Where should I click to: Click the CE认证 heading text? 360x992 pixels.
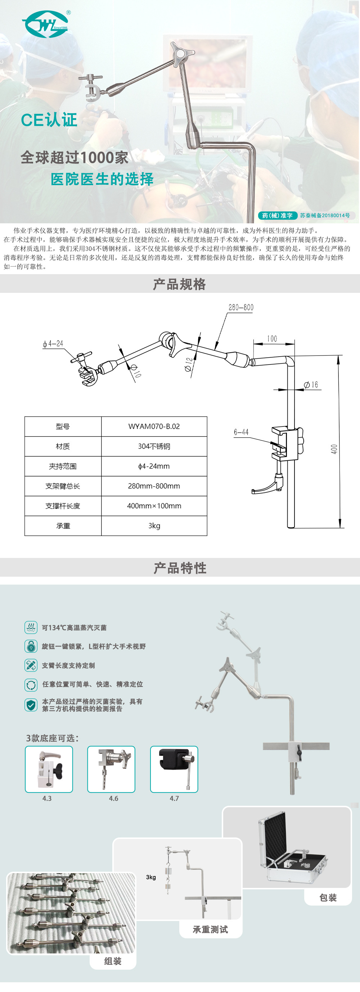point(49,120)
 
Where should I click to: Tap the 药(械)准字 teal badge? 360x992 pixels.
point(277,216)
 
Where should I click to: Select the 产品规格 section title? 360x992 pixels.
point(179,284)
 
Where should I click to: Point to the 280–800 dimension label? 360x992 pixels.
point(241,307)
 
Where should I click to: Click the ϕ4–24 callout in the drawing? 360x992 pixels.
point(53,344)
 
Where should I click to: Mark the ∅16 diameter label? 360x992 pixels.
point(311,385)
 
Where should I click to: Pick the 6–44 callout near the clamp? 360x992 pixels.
point(242,432)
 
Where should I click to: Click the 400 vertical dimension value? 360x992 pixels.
point(334,449)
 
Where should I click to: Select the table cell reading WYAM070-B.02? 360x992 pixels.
point(154,426)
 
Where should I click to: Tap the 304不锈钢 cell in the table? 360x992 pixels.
point(154,446)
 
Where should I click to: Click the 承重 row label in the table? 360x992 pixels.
point(63,526)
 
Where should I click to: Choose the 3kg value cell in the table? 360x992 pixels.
point(154,526)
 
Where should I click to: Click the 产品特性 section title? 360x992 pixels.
point(180,568)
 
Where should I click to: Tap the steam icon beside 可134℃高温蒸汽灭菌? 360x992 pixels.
point(31,627)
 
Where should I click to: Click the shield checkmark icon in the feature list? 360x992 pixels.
point(31,705)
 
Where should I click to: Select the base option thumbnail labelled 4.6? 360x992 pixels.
point(111,769)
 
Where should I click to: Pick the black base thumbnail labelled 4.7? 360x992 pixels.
point(174,769)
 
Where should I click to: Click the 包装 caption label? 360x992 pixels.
point(328,898)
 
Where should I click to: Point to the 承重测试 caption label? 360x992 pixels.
point(210,929)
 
